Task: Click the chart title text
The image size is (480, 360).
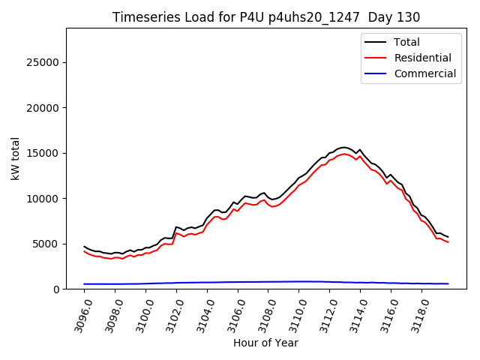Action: click(266, 16)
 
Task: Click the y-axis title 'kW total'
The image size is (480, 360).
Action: click(15, 158)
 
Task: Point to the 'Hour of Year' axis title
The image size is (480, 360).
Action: click(266, 343)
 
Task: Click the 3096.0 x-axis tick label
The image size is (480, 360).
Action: click(79, 316)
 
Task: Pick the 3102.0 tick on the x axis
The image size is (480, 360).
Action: click(171, 316)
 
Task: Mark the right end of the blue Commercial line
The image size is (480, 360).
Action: click(448, 283)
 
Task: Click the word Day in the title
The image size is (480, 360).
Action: click(387, 16)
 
